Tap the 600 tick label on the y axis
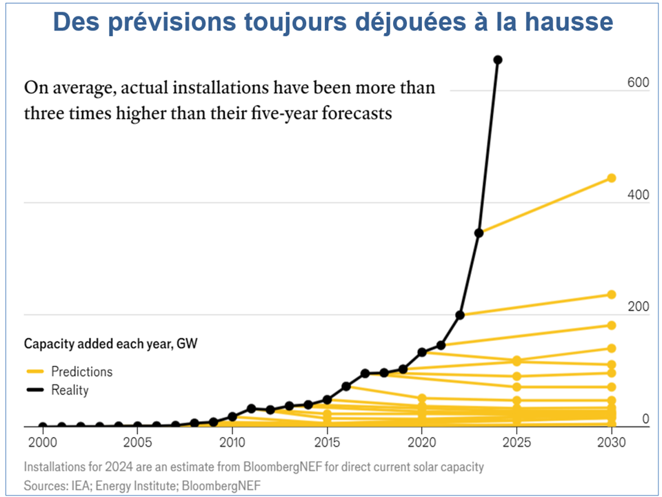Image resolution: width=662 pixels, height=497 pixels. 637,83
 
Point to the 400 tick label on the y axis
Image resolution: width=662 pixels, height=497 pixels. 637,195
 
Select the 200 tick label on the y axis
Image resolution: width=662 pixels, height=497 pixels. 637,307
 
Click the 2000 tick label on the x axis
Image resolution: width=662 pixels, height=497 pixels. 43,442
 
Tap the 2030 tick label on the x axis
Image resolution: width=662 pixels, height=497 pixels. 610,442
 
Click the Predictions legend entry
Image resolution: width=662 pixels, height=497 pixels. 81,371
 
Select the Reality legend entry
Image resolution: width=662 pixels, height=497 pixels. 70,390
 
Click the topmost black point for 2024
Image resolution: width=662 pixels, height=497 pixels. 498,60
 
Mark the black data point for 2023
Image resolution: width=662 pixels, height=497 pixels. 479,233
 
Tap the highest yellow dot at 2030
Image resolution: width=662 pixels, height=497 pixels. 611,178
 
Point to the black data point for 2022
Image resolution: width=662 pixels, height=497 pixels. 460,315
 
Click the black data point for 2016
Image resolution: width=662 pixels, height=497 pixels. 346,387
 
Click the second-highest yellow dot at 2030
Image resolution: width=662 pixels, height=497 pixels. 611,295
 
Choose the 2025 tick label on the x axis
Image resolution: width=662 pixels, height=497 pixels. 516,442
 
